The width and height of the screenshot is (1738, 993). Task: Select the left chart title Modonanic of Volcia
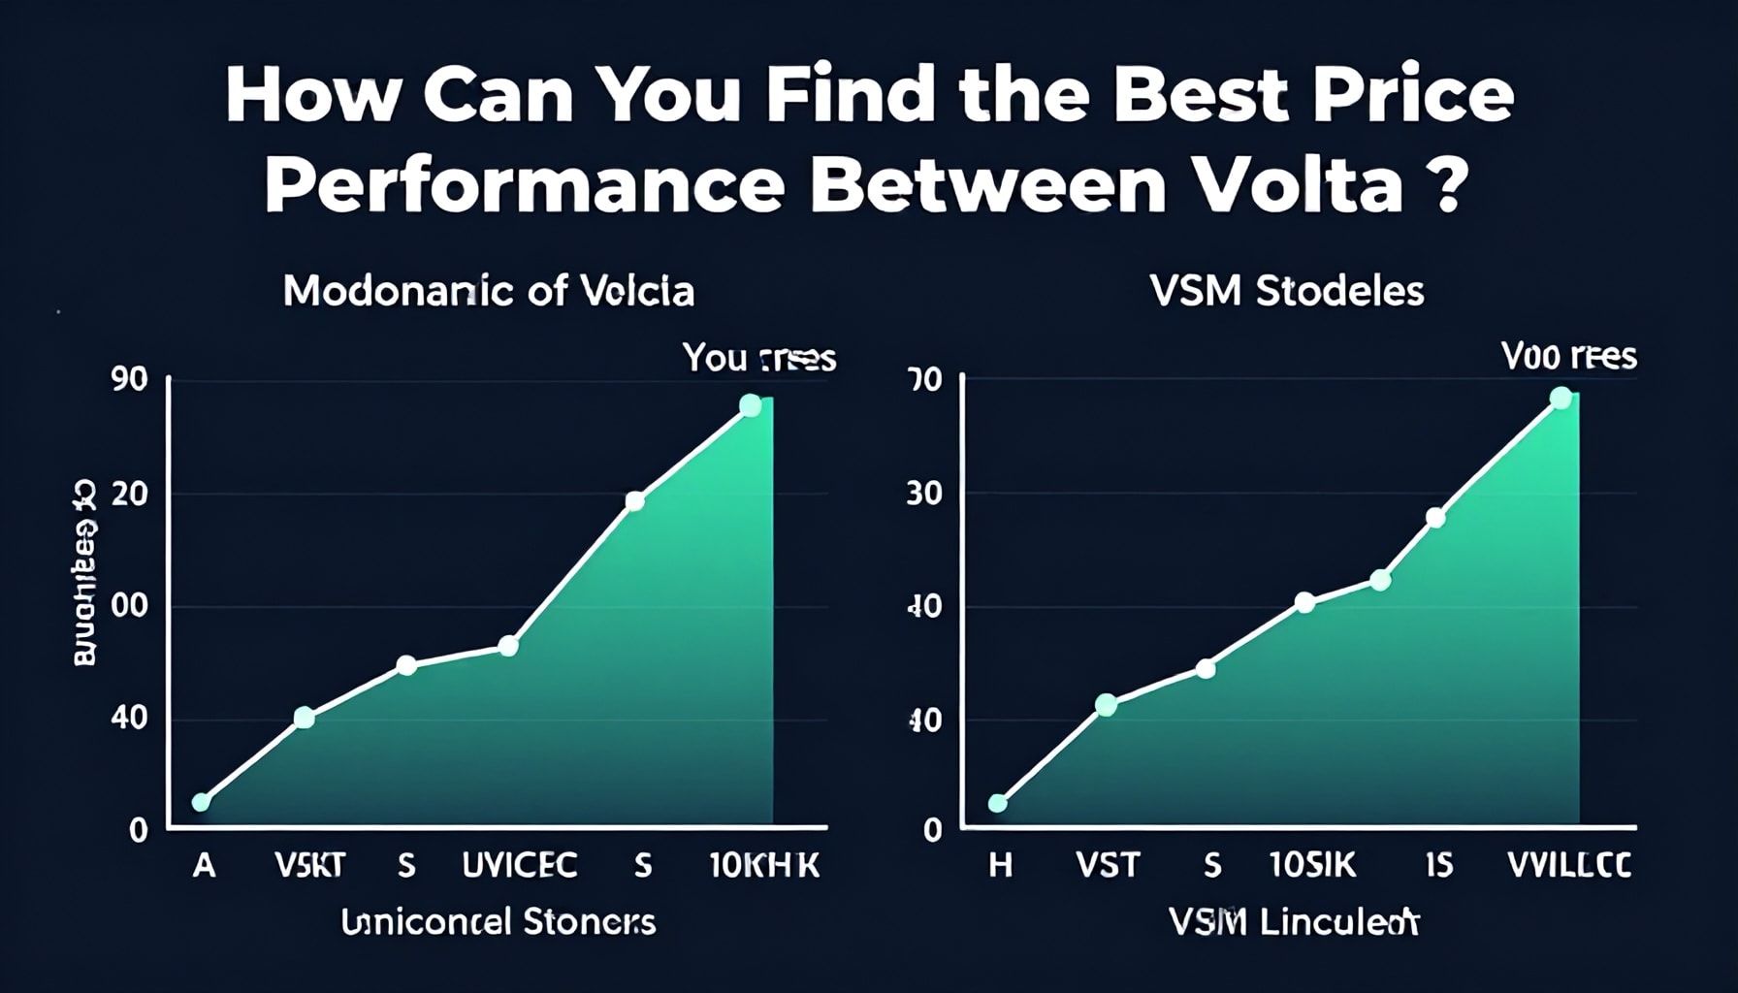(x=489, y=291)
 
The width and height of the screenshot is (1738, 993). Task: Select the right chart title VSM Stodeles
(x=1287, y=291)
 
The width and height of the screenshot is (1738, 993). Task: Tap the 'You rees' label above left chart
(x=758, y=358)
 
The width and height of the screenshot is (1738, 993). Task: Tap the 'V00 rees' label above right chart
(x=1568, y=357)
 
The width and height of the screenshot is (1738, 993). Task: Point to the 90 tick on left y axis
(x=130, y=380)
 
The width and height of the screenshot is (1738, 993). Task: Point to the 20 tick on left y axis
(x=130, y=495)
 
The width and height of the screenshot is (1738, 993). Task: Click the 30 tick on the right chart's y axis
(x=923, y=495)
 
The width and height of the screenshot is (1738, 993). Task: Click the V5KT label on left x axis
(x=309, y=864)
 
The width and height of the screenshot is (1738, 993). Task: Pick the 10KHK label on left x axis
(x=764, y=864)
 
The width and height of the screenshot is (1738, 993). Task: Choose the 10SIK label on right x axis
(x=1312, y=864)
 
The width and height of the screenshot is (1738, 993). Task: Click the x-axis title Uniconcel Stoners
(x=498, y=921)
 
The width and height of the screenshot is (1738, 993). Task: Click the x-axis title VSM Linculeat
(x=1294, y=922)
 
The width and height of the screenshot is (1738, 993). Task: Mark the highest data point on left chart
(x=750, y=405)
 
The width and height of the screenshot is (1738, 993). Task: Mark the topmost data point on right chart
(x=1561, y=398)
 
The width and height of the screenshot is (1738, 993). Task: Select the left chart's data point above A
(x=201, y=802)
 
